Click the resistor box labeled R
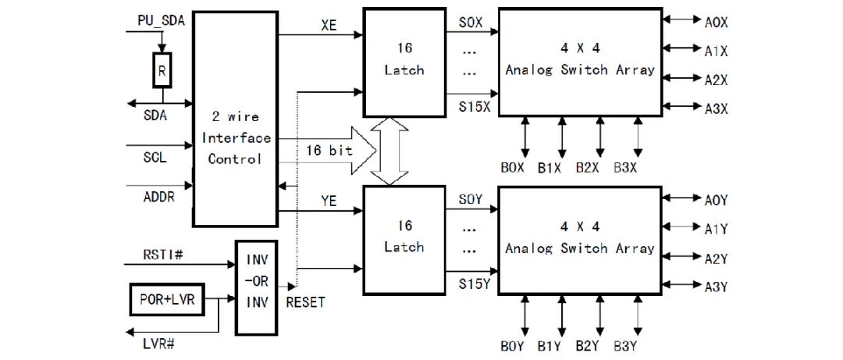[x=162, y=70]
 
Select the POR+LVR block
[x=168, y=299]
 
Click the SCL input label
[x=155, y=159]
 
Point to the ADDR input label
[x=158, y=198]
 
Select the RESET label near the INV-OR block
[x=305, y=302]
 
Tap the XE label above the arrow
[x=329, y=25]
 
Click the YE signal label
[x=329, y=201]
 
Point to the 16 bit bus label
[x=329, y=151]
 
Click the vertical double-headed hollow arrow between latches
[x=389, y=151]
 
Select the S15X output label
[x=475, y=106]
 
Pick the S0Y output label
[x=471, y=201]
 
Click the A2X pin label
[x=716, y=80]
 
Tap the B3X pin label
[x=626, y=167]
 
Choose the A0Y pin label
[x=716, y=200]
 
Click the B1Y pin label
[x=550, y=346]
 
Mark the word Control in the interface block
[x=235, y=159]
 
